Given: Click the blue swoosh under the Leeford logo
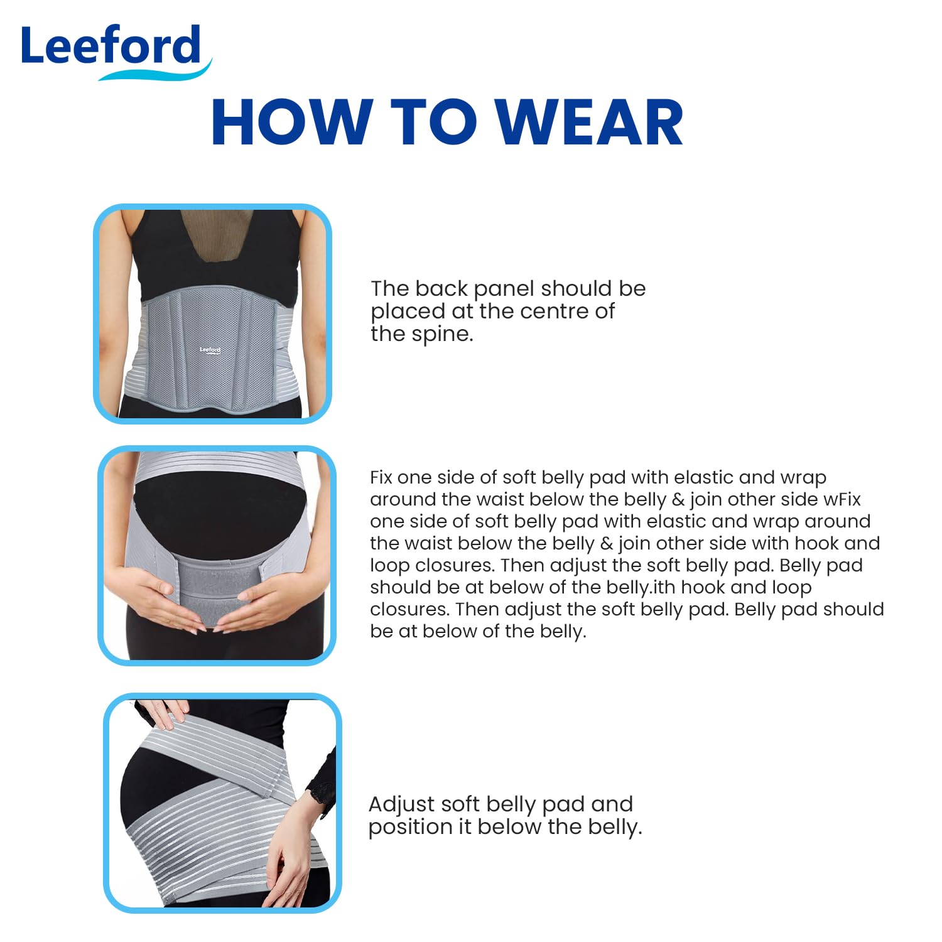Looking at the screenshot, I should click(157, 72).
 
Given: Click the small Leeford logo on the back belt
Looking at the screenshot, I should click(210, 350).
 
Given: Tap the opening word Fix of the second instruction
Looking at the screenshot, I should click(381, 478).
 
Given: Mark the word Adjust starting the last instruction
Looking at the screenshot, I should click(402, 804).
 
